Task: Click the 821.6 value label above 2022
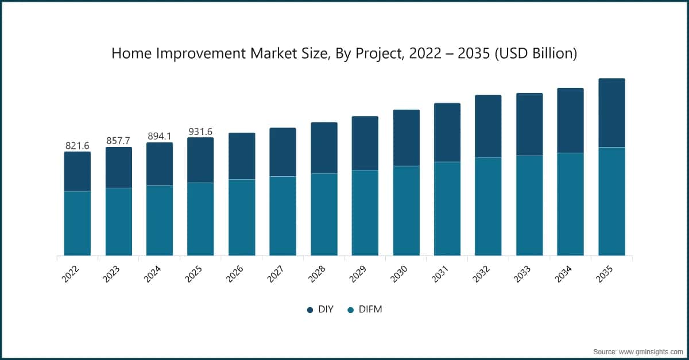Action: pyautogui.click(x=77, y=145)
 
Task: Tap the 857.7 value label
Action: pyautogui.click(x=118, y=141)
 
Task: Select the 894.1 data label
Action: pyautogui.click(x=160, y=136)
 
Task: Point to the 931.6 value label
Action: pyautogui.click(x=200, y=131)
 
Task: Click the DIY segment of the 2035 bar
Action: pyautogui.click(x=611, y=113)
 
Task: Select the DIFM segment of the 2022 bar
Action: pyautogui.click(x=78, y=223)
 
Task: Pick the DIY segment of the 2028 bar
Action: pyautogui.click(x=324, y=148)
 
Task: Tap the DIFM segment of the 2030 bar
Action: pyautogui.click(x=407, y=211)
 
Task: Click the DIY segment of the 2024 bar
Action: pyautogui.click(x=160, y=164)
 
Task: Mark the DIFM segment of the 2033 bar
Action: pyautogui.click(x=529, y=206)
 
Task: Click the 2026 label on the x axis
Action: pyautogui.click(x=235, y=274)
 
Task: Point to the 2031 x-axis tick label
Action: pyautogui.click(x=440, y=274)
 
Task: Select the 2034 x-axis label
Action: pyautogui.click(x=563, y=274)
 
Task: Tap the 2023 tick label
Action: pyautogui.click(x=111, y=274)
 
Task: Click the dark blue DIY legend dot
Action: pyautogui.click(x=309, y=310)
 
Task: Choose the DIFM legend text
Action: pyautogui.click(x=370, y=309)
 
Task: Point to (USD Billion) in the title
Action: pyautogui.click(x=536, y=53)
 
